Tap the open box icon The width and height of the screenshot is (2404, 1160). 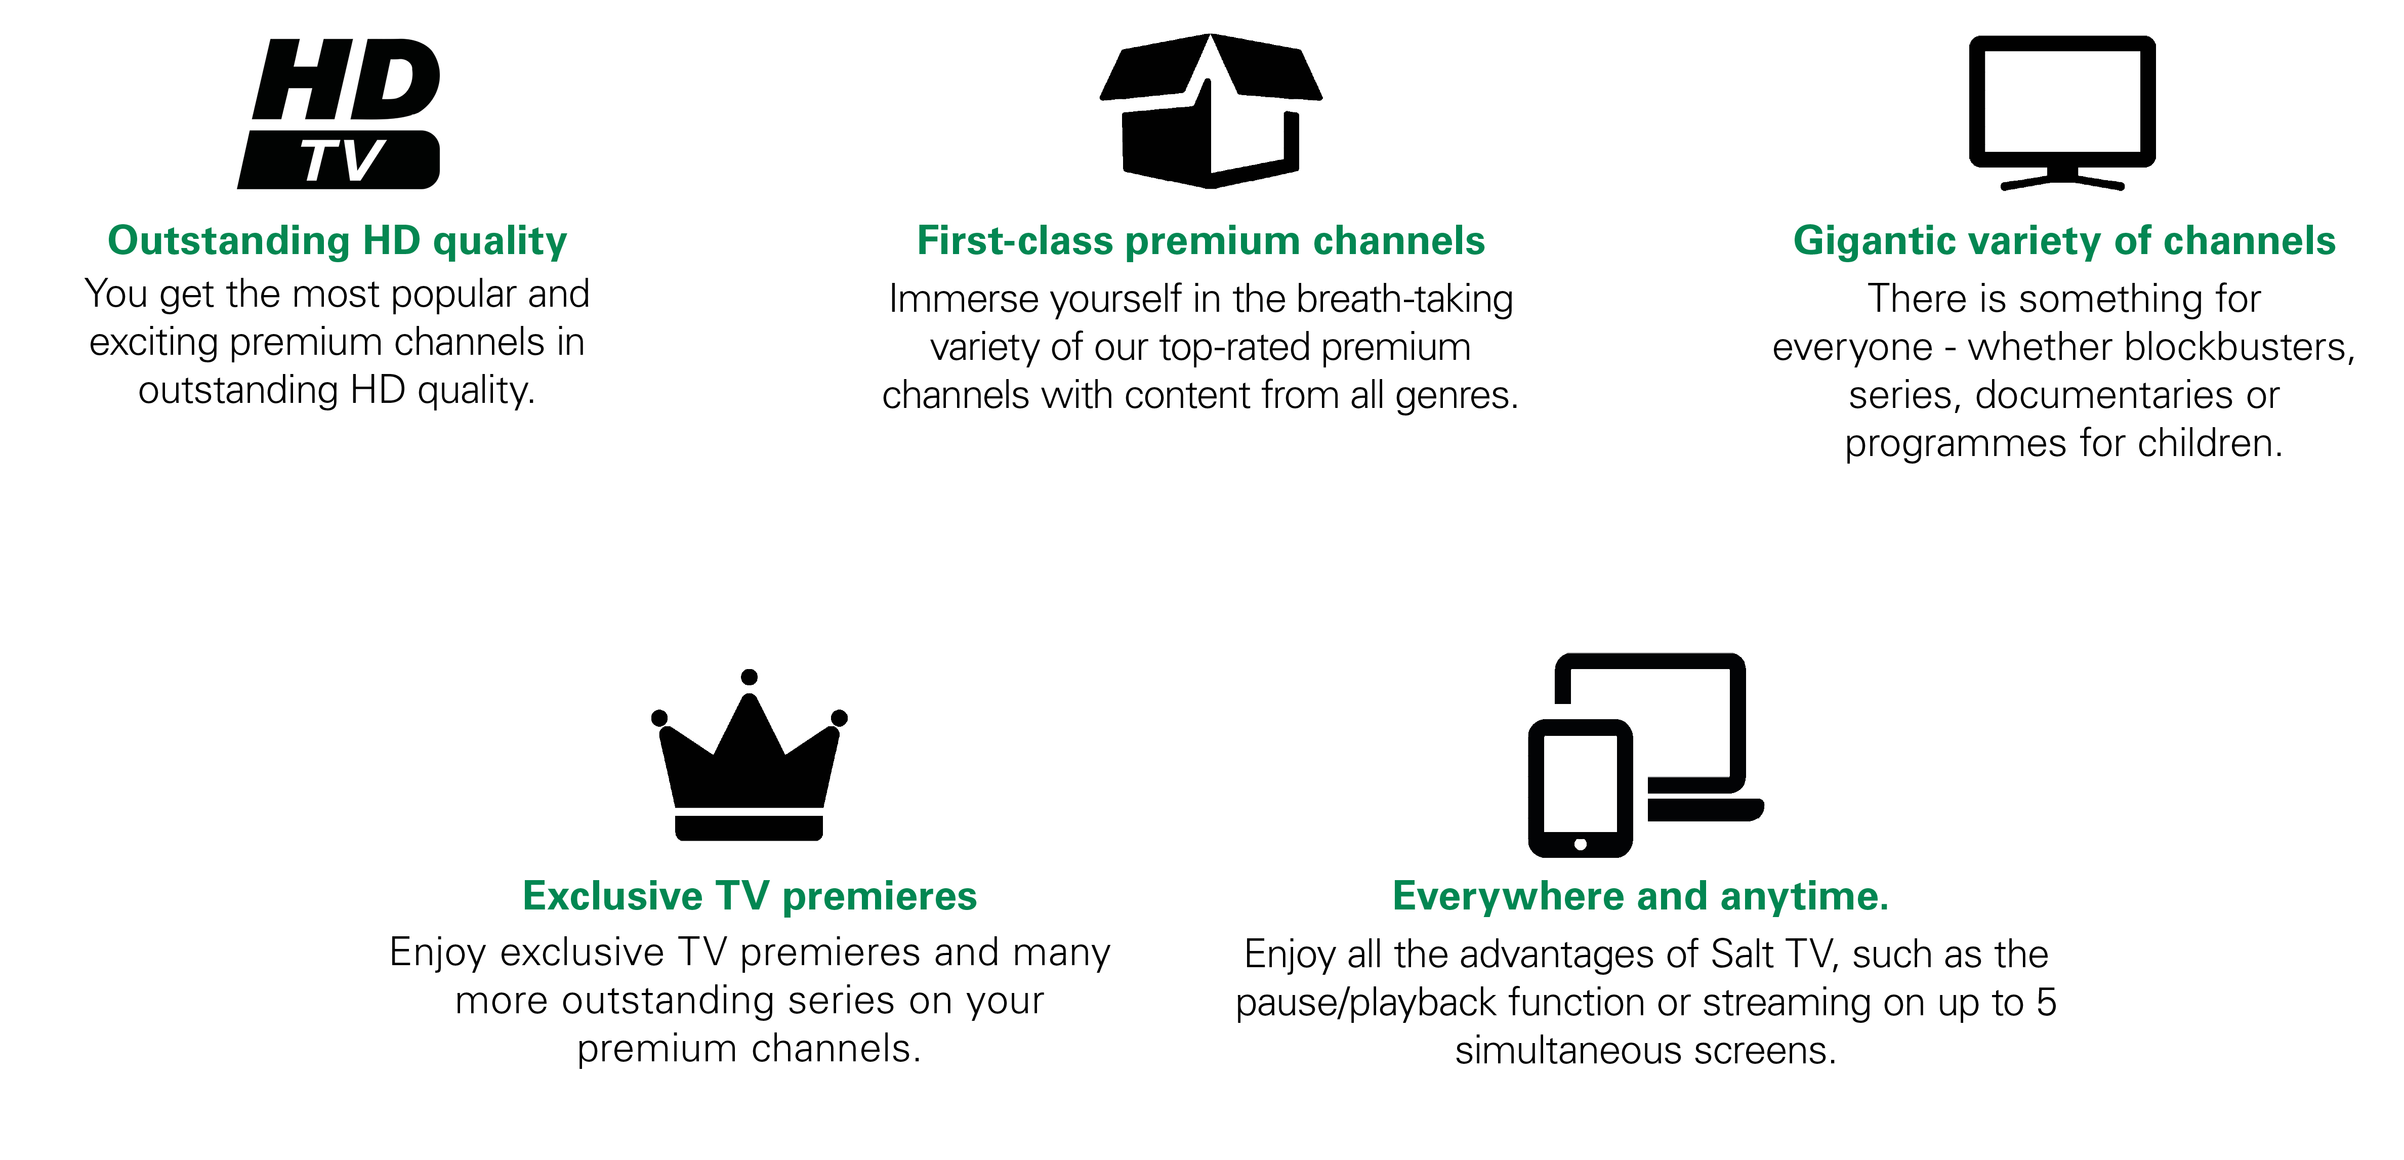click(x=1211, y=111)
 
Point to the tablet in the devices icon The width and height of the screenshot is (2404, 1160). click(x=1580, y=789)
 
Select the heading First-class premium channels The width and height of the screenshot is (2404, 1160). click(x=1201, y=241)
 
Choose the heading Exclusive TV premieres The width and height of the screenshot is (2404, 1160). click(x=750, y=896)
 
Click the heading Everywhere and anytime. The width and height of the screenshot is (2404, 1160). click(x=1641, y=896)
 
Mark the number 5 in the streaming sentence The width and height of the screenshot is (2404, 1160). click(x=2047, y=1002)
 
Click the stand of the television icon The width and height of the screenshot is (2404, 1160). click(x=2062, y=179)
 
